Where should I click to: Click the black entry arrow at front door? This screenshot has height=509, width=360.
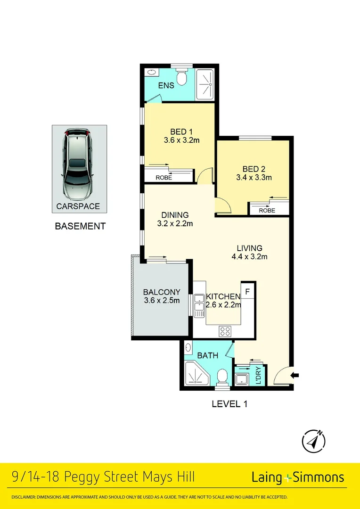point(295,375)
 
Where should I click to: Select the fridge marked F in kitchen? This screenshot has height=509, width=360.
point(248,289)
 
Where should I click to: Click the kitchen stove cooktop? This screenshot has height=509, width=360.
point(224,331)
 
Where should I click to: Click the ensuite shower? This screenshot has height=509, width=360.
point(205,83)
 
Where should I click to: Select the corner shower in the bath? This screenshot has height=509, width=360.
point(195,375)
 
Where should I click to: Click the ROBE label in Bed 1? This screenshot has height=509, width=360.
point(164,178)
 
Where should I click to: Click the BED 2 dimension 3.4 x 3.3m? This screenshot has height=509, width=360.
point(254,178)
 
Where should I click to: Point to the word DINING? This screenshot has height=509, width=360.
point(174,215)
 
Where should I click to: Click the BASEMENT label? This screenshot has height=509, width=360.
point(80,226)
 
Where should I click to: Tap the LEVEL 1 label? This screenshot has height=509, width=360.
point(229,404)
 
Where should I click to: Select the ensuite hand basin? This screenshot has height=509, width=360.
point(151,73)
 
